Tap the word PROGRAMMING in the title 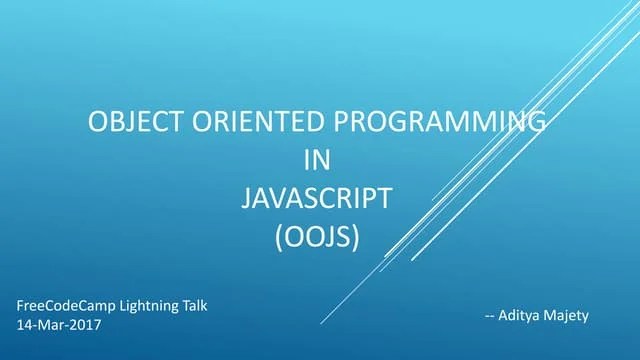tap(439, 123)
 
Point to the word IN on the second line tap(316, 160)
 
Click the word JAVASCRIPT tap(316, 198)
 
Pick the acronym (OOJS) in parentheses tap(316, 236)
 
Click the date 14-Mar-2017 tap(59, 325)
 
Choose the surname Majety tap(567, 316)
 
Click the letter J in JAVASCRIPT tap(246, 198)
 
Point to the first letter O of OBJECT tap(98, 123)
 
